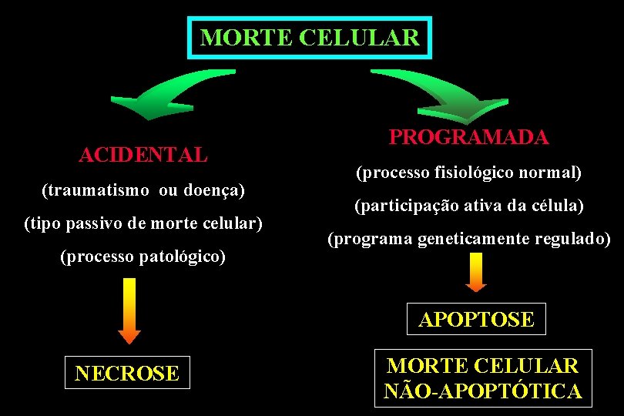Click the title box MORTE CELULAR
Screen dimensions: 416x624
[x=310, y=37]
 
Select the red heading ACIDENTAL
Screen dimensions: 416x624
[x=143, y=155]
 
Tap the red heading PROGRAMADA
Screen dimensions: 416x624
[x=468, y=138]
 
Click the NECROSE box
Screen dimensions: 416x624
[x=127, y=374]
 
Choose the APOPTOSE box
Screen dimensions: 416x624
[x=476, y=319]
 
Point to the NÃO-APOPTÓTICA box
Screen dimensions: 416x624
[x=483, y=378]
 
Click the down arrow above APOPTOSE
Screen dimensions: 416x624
[x=477, y=272]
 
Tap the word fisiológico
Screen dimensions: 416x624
[x=473, y=173]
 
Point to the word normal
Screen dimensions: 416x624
[x=553, y=173]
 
